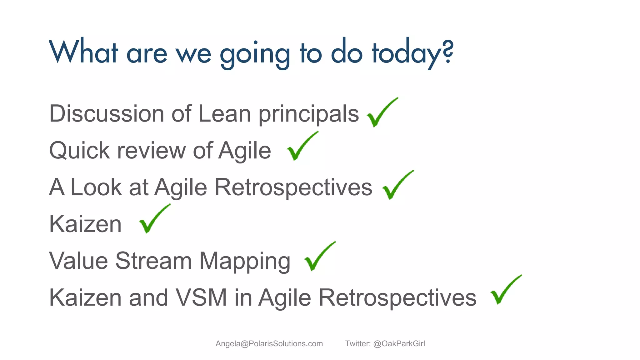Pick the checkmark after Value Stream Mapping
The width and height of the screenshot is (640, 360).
(x=318, y=257)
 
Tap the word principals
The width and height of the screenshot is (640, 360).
(x=308, y=114)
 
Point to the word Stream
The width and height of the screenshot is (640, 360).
(x=153, y=261)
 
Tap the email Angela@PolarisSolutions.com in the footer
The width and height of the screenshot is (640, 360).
(x=269, y=344)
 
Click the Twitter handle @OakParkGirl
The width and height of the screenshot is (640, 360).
(x=399, y=344)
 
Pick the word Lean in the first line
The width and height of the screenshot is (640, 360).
(x=224, y=114)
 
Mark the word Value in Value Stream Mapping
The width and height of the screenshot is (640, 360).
(x=78, y=261)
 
